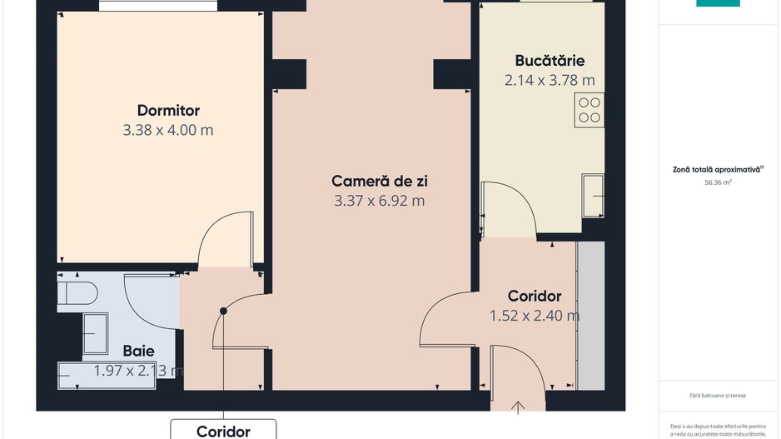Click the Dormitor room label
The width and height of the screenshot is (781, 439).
coord(168,110)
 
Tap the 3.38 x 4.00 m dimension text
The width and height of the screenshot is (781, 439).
coord(168,130)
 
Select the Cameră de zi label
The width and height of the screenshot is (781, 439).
coord(379,181)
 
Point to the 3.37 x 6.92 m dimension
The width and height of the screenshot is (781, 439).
coord(379,201)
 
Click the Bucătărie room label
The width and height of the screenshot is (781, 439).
coord(550,60)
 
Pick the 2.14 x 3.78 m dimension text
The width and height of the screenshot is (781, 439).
coord(550,80)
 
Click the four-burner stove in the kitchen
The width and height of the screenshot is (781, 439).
coord(589,110)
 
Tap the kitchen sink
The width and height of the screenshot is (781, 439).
coord(593,195)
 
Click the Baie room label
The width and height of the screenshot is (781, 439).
coord(138,351)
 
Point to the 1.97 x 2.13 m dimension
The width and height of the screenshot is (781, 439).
coord(138,371)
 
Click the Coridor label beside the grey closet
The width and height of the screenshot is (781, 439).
coord(534,296)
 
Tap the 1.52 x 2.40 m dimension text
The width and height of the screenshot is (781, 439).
coord(534,316)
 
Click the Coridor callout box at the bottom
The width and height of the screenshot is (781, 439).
coord(223,431)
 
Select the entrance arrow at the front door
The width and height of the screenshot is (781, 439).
coord(518,407)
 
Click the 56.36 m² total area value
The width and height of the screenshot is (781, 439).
coord(718,182)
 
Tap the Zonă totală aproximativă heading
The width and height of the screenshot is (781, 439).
coord(718,169)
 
